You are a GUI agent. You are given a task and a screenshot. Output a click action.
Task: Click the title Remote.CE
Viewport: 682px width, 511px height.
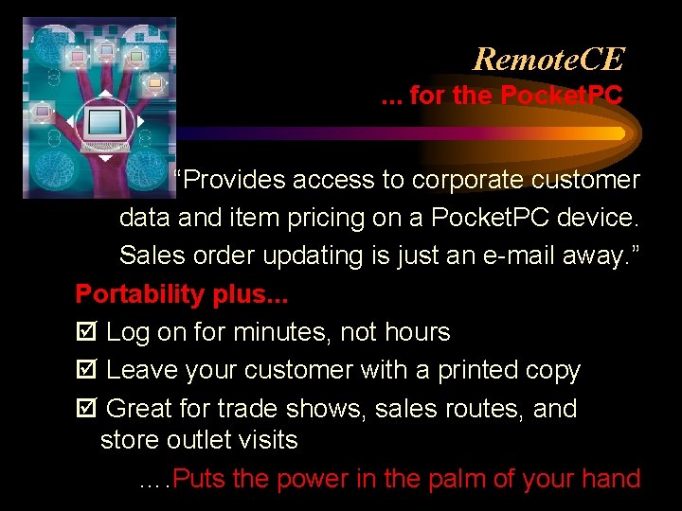pos(548,59)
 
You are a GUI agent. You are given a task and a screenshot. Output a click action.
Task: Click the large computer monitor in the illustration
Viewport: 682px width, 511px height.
pos(104,124)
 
